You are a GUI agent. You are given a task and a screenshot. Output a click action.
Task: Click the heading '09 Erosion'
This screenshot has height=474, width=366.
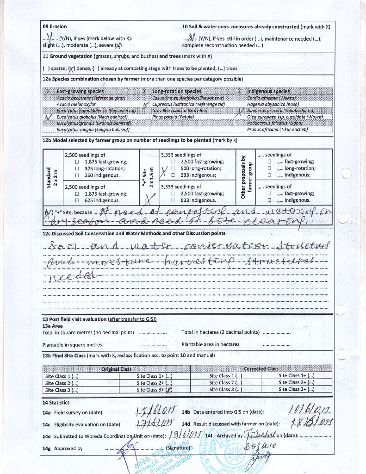[x=55, y=27]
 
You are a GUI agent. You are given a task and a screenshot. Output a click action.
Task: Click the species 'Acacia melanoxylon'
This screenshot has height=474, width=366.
[x=76, y=105]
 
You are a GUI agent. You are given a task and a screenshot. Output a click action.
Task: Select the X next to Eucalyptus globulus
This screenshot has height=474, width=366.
[x=49, y=118]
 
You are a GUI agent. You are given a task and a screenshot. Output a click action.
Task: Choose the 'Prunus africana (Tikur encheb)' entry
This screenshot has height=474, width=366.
[x=277, y=130]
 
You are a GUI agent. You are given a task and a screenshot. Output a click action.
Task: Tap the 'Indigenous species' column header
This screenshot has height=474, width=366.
[x=268, y=92]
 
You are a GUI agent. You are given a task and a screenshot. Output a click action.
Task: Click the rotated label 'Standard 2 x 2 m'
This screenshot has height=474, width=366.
[x=52, y=178]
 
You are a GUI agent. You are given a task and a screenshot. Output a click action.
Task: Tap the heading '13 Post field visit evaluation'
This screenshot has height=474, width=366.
[x=74, y=319]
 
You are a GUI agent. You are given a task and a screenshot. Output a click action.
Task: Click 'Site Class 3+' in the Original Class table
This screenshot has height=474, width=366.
[x=155, y=390]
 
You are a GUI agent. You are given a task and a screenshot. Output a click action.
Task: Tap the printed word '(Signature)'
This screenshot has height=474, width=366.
[x=178, y=448]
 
